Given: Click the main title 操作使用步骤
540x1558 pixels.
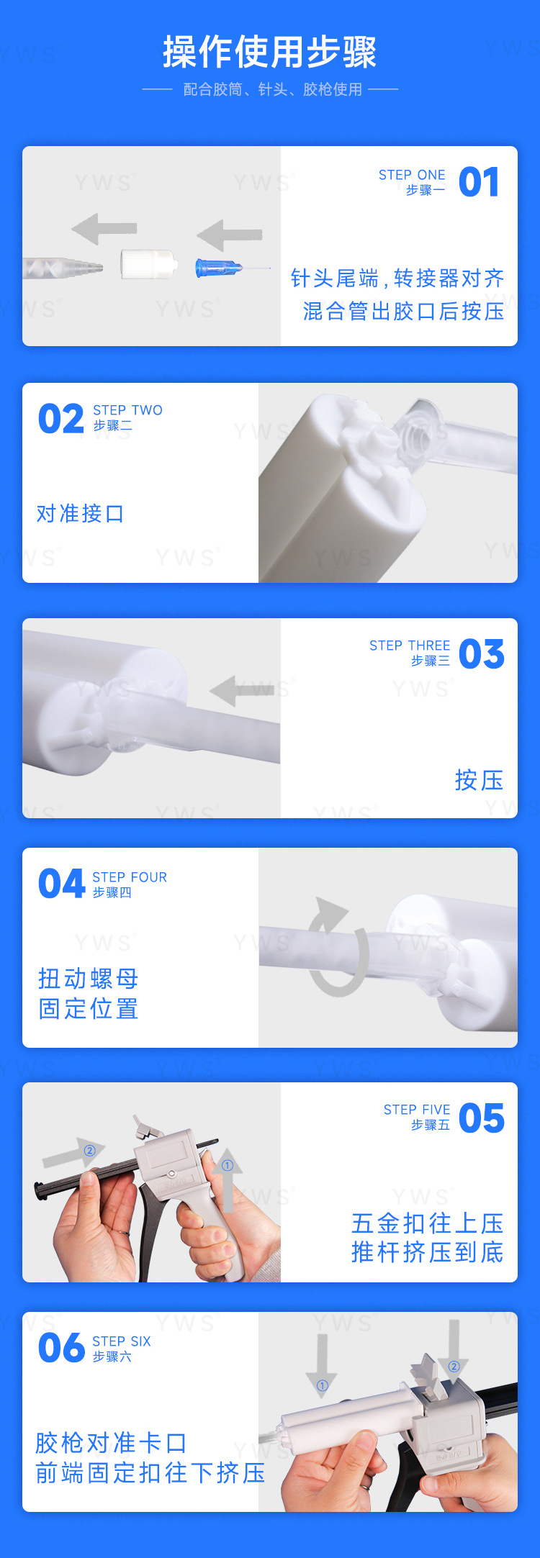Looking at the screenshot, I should pos(269,52).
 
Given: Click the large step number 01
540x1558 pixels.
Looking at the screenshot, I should pos(479,182).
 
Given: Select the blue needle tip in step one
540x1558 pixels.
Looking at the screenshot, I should pos(220,268).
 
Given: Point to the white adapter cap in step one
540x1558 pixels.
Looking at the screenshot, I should pos(148,264).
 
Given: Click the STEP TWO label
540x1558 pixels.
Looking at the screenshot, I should pos(127,410).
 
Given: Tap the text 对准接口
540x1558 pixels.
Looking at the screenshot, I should pos(80,514).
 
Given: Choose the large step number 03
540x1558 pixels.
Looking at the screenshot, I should pos(481,654).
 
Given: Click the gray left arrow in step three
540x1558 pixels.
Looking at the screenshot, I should pos(241,691).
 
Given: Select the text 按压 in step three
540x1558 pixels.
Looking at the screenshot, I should pos(479,780).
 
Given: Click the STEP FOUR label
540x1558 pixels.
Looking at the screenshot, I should pos(130,877).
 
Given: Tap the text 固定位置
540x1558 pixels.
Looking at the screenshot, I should pos(88,1009).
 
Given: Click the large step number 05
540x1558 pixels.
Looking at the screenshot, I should pos(481,1118).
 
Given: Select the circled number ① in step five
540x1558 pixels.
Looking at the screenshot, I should pos(228,1165).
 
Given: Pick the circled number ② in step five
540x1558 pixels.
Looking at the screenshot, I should pos(90,1151).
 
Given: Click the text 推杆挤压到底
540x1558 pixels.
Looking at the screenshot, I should pos(427,1252).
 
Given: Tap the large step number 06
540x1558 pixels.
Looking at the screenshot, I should pos(62,1348).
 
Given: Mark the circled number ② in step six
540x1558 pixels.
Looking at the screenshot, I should pos(454,1367).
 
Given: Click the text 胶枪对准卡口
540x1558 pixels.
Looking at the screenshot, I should pos(111,1442).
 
